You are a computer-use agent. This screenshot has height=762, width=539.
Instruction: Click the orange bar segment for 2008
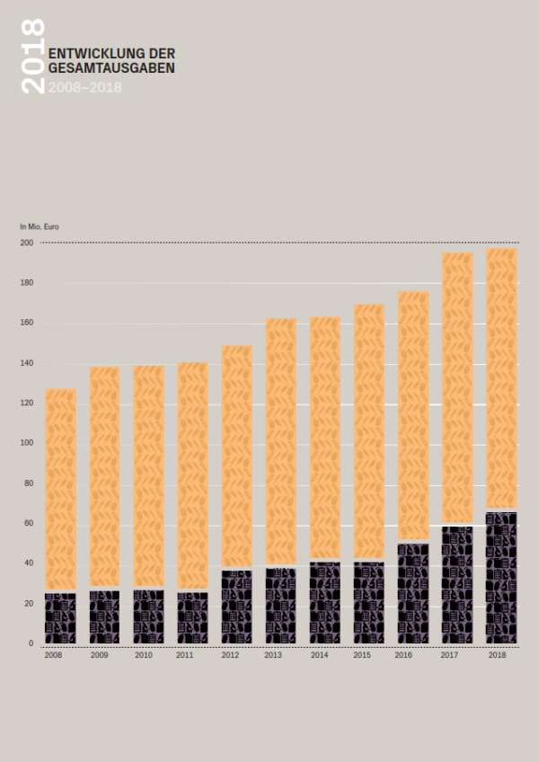tap(61, 489)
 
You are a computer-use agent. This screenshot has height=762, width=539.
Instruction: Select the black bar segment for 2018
tap(501, 578)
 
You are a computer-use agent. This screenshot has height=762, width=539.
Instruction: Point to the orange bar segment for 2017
tap(457, 388)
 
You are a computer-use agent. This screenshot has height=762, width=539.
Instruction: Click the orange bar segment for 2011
tap(192, 475)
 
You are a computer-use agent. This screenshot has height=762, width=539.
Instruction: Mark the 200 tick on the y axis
tap(27, 244)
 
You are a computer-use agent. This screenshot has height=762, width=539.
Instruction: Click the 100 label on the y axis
tap(27, 444)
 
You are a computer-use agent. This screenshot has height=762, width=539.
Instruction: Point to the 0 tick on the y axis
tap(30, 644)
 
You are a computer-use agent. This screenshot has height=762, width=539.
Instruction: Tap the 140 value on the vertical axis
tap(27, 364)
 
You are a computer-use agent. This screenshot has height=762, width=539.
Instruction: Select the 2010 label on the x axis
tap(144, 656)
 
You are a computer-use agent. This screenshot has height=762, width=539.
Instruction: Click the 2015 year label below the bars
tap(362, 656)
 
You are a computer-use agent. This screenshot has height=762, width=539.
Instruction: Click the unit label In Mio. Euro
tap(40, 227)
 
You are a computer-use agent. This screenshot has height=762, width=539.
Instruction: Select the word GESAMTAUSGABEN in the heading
tap(112, 68)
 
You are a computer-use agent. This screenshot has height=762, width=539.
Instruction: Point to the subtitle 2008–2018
tap(85, 87)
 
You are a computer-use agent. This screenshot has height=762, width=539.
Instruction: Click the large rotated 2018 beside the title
tap(33, 57)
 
